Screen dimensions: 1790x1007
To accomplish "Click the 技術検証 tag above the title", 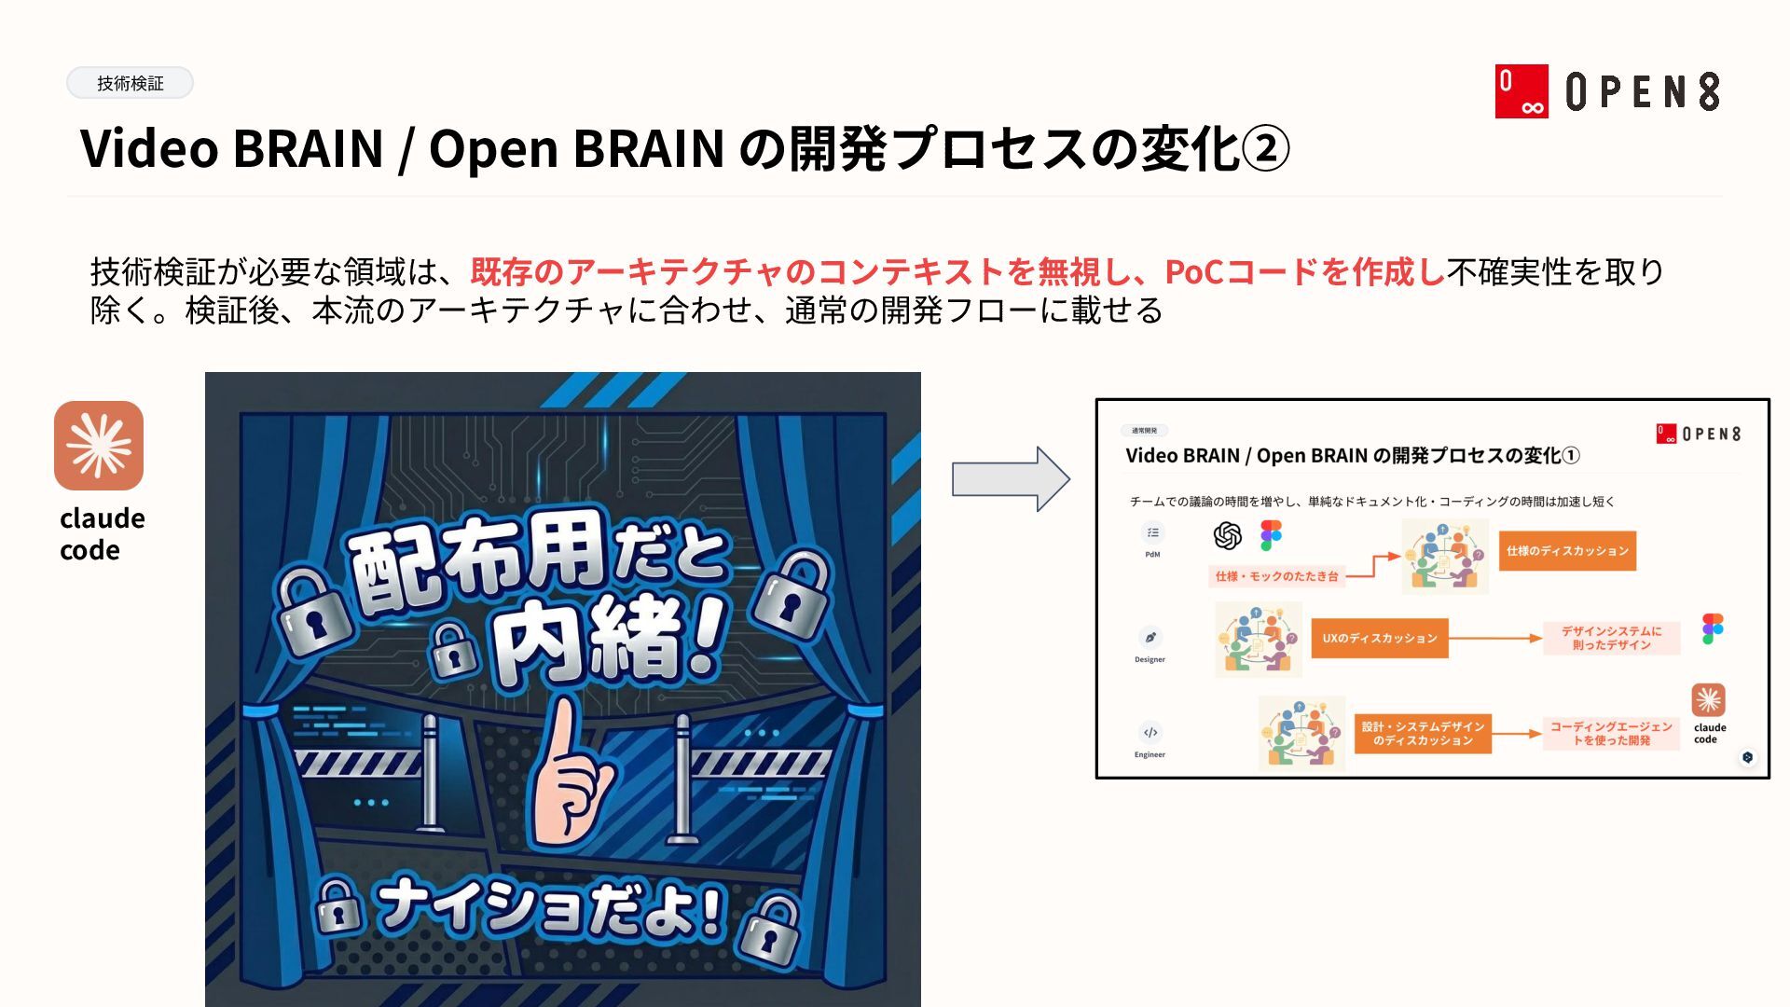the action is click(130, 84).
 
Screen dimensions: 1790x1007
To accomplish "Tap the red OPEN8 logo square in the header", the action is click(1521, 91).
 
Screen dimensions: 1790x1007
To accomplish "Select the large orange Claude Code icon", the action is click(99, 446).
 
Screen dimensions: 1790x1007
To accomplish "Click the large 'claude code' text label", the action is click(102, 533).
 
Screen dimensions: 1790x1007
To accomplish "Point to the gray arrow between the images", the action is click(1011, 479).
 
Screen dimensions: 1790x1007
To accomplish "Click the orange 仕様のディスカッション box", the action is click(1567, 551).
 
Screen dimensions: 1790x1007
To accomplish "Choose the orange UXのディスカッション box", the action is click(1379, 639).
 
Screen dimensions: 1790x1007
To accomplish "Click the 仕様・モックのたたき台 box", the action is click(1276, 576).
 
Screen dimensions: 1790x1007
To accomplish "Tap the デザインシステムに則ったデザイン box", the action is click(1611, 638).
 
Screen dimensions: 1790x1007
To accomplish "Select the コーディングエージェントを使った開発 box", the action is click(1610, 733).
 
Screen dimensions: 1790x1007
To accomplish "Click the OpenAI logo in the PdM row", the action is click(1228, 536).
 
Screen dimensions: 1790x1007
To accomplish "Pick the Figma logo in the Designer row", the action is click(1713, 628).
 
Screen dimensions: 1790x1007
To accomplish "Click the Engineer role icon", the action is click(1150, 733).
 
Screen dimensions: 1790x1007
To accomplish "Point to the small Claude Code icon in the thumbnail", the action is click(1708, 700).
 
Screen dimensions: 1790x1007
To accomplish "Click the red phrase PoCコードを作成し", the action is click(1305, 272).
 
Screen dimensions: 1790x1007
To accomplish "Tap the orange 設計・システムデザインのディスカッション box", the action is click(1423, 733).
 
